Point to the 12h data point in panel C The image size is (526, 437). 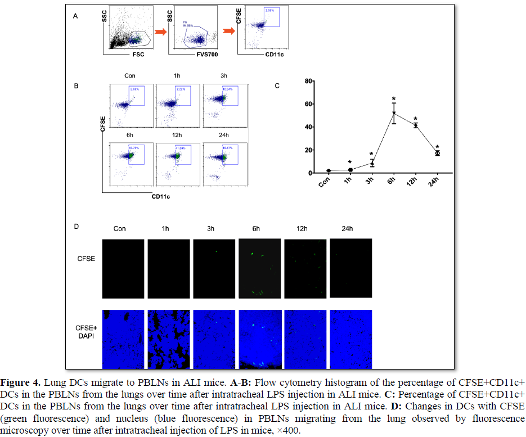(416, 125)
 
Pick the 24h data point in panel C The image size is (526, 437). (437, 153)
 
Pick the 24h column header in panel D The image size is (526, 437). (347, 228)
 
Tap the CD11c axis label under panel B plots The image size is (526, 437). (161, 196)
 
